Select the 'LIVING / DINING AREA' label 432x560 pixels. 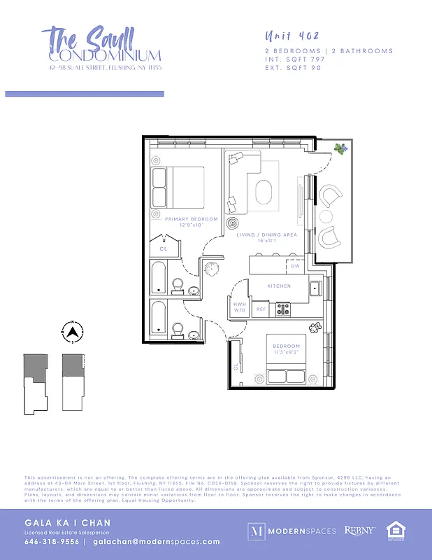click(266, 235)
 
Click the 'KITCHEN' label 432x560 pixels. click(279, 286)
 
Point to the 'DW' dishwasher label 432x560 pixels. click(295, 267)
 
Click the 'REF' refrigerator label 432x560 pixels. click(261, 309)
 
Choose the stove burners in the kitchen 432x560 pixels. click(284, 308)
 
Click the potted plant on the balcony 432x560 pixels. click(340, 148)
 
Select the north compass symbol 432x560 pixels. click(72, 332)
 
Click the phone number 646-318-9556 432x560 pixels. click(51, 542)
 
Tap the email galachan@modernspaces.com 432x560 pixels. click(156, 542)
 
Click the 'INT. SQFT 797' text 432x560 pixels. click(295, 59)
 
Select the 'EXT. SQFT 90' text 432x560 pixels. click(293, 68)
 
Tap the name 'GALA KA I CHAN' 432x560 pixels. click(68, 523)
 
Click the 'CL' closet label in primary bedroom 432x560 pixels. click(164, 248)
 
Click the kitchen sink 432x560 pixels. click(315, 288)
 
